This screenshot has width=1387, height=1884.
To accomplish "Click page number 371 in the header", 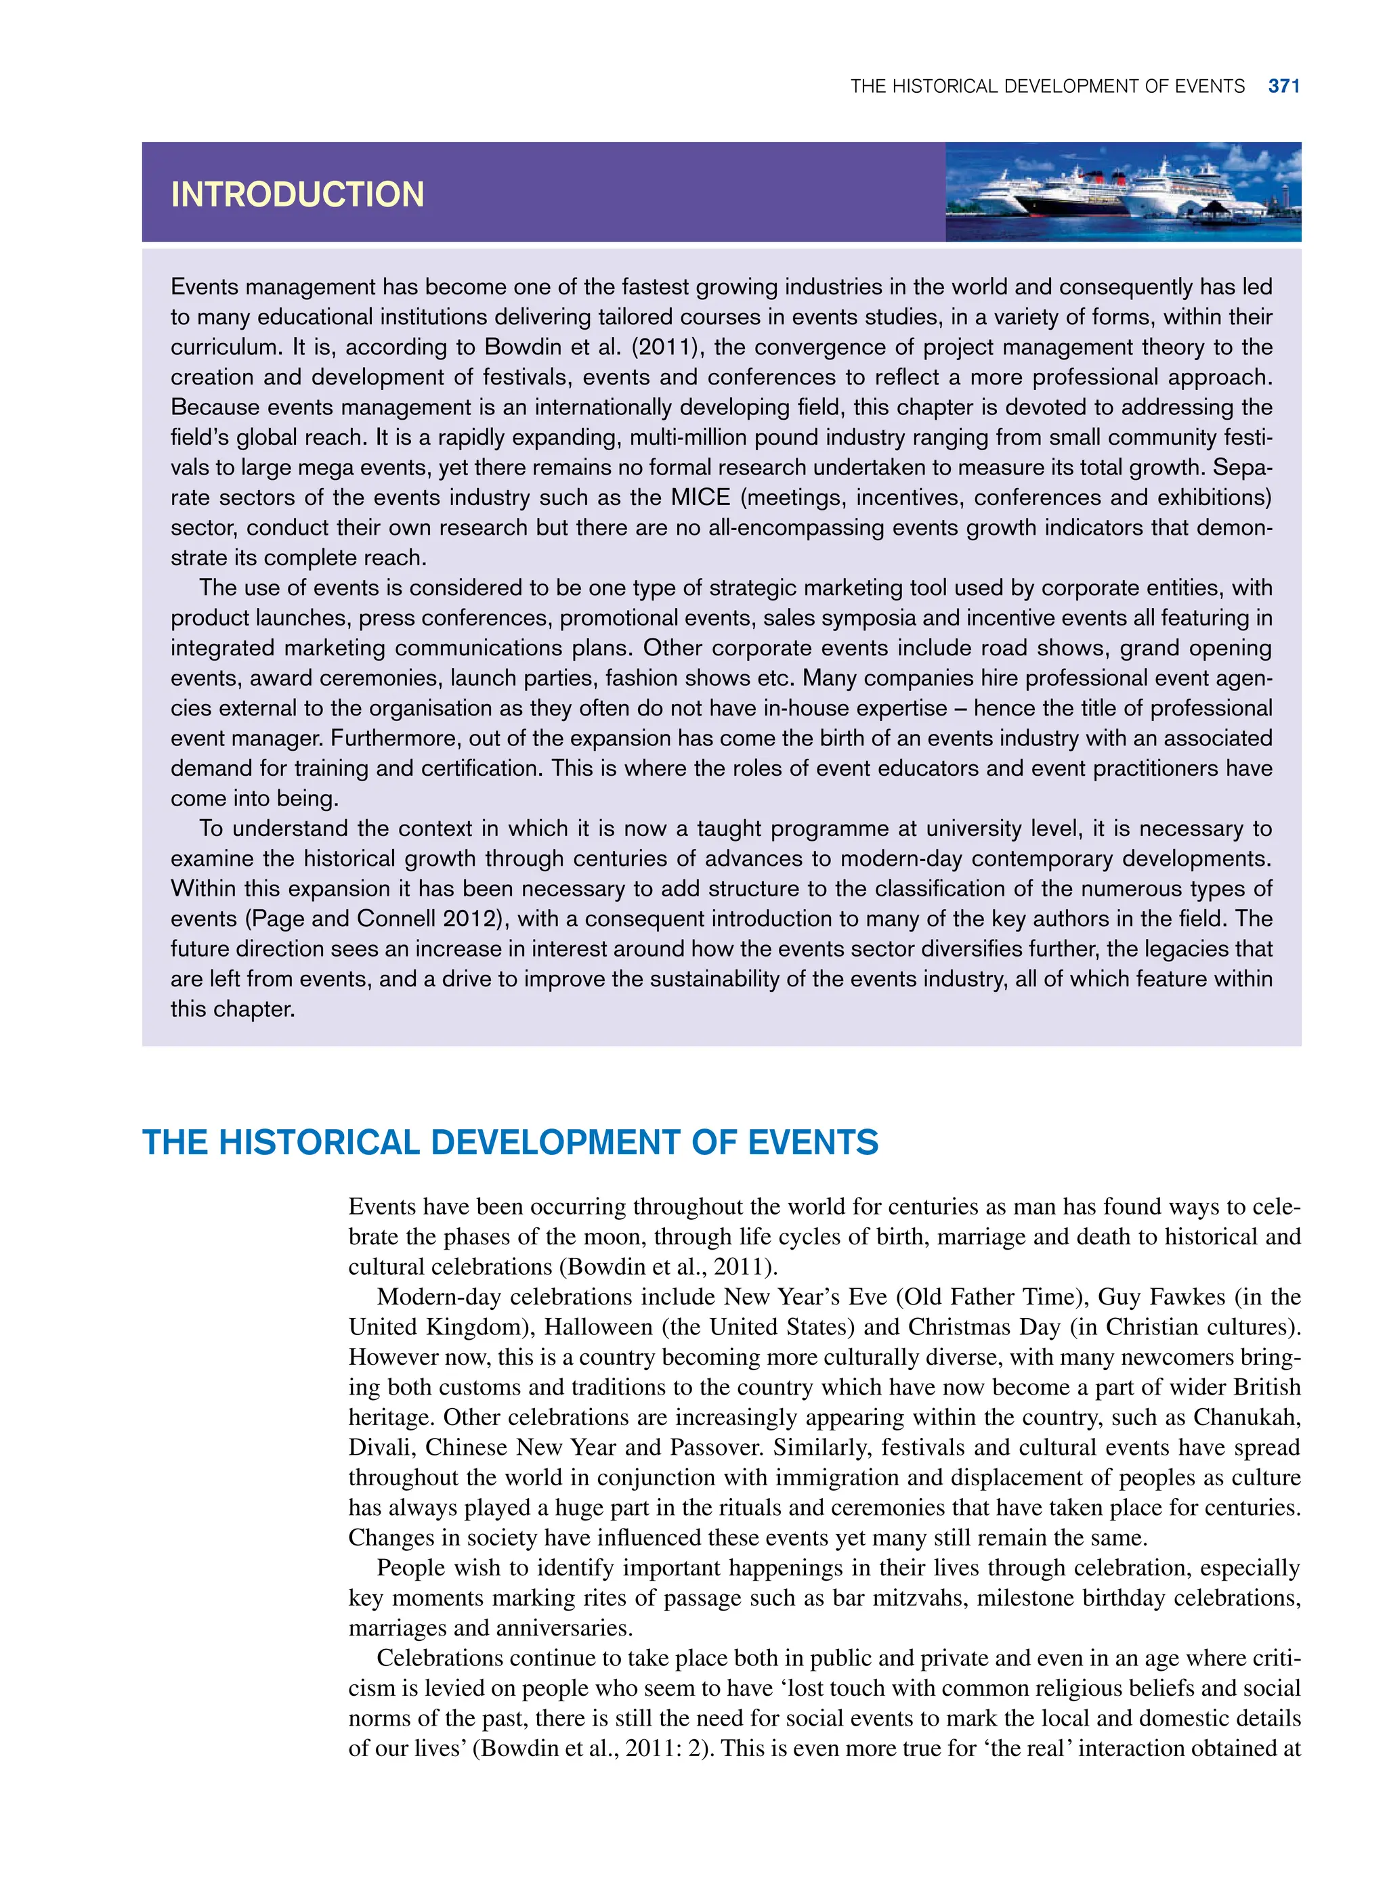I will point(1284,87).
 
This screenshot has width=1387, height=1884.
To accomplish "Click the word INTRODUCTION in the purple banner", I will point(297,195).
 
